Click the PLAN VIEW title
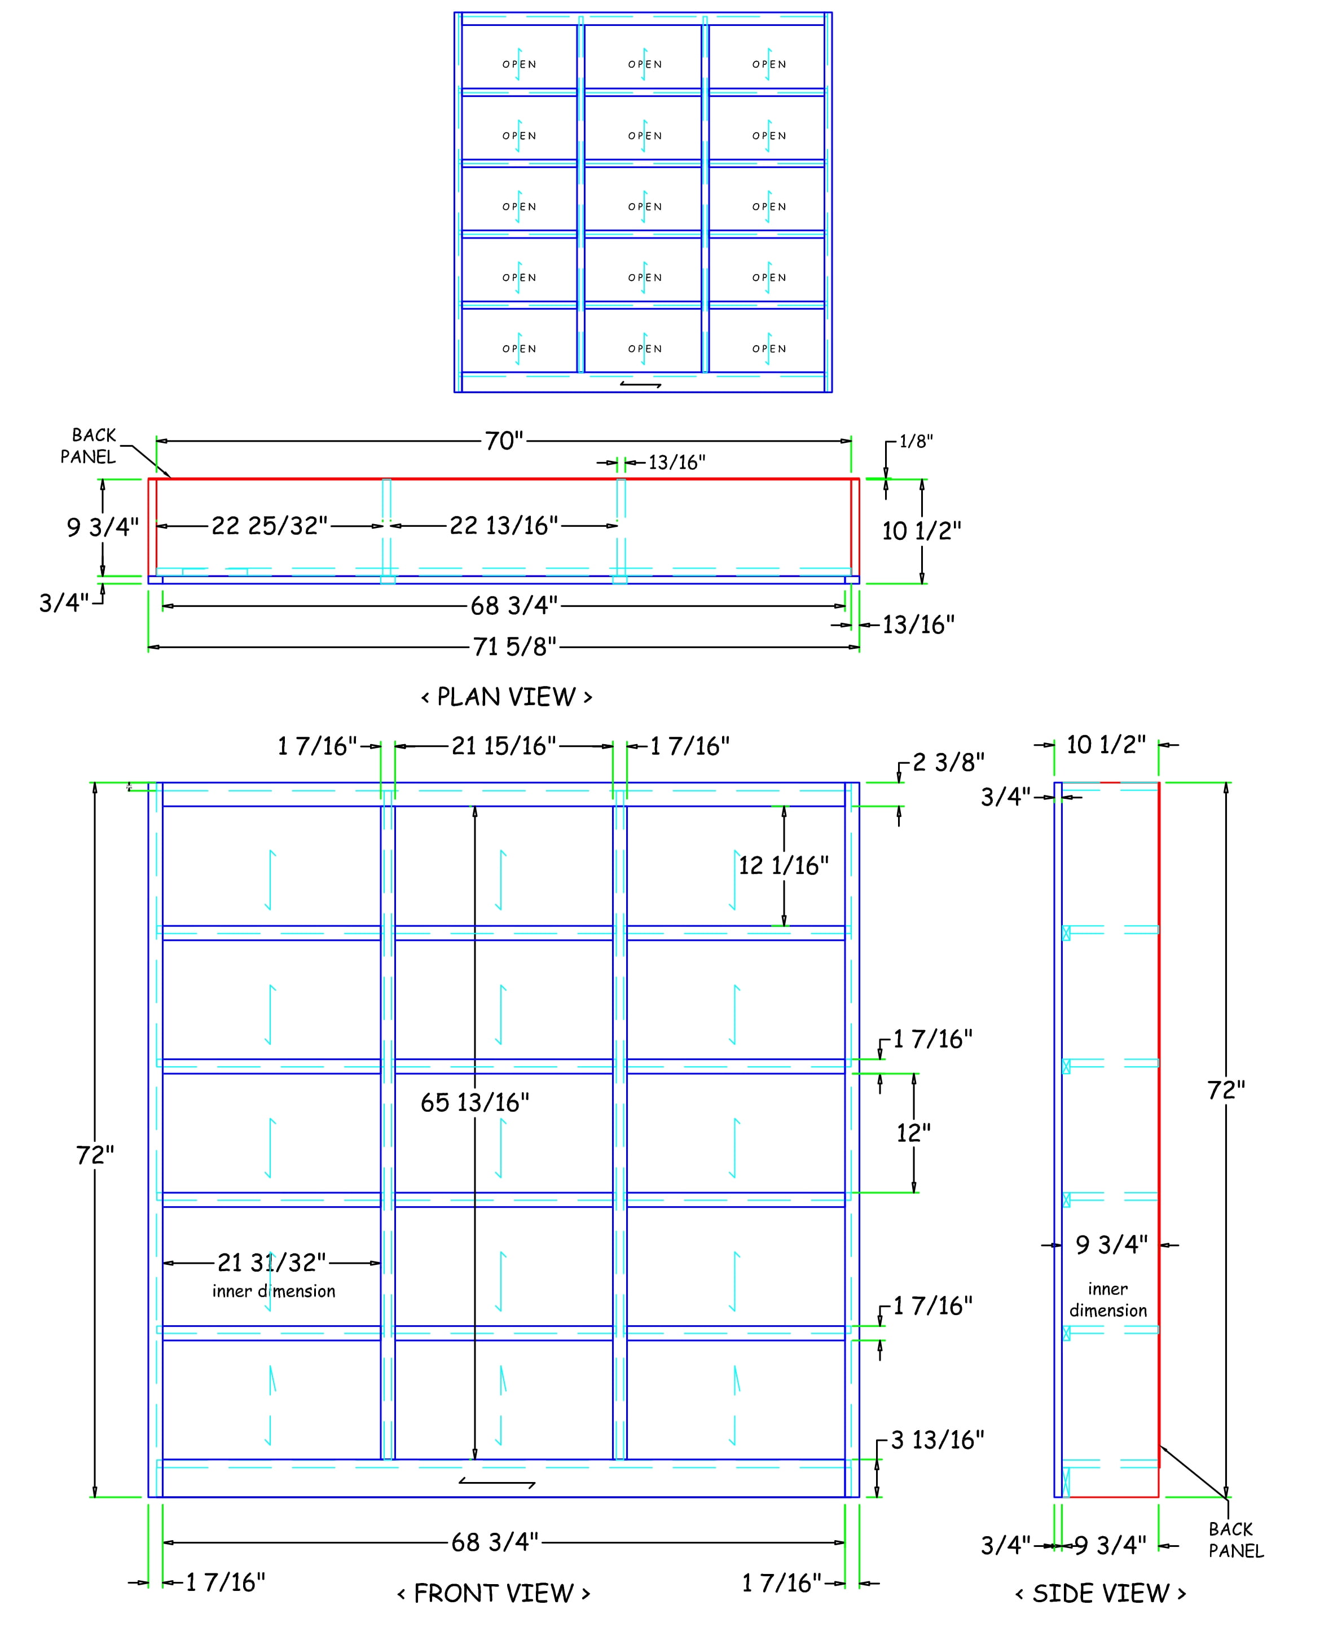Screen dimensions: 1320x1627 (x=507, y=697)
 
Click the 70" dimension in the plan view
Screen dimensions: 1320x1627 (x=505, y=441)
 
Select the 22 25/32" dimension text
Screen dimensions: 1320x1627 (x=269, y=525)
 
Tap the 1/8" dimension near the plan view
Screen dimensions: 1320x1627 (x=916, y=442)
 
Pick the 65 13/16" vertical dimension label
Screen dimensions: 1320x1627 (x=475, y=1102)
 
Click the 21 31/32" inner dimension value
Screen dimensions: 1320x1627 (x=271, y=1263)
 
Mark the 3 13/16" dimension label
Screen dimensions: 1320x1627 (x=938, y=1440)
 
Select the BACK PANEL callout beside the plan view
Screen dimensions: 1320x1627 (x=89, y=446)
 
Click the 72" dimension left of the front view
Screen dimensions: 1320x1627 (x=95, y=1155)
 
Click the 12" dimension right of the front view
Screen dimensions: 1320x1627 (x=913, y=1133)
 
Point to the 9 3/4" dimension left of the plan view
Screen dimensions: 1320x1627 (x=103, y=527)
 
